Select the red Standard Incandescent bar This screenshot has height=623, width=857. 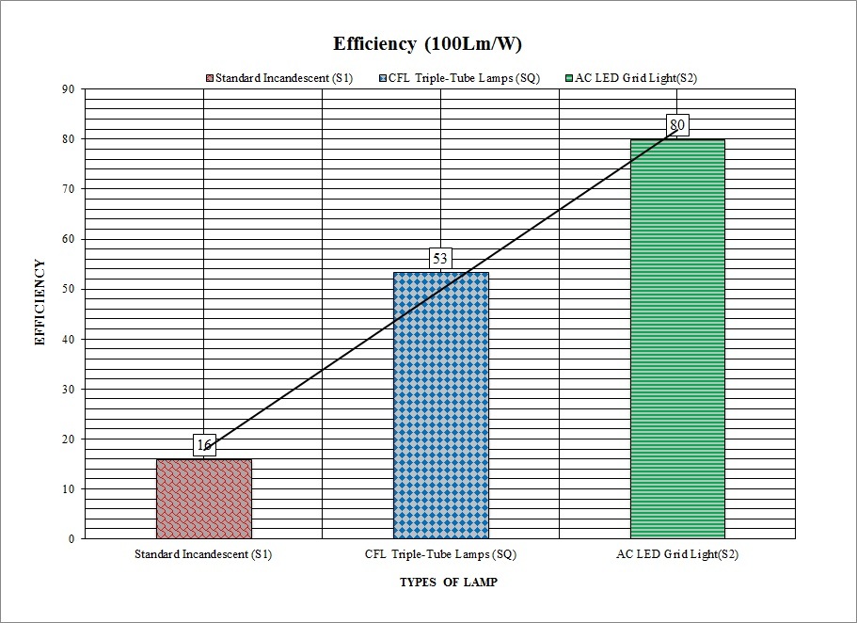click(x=203, y=499)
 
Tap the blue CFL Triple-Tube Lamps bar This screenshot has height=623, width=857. click(x=440, y=405)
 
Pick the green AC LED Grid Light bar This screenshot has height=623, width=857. click(x=677, y=339)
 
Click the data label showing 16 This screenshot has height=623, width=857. click(x=204, y=445)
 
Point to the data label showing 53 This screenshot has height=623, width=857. click(x=440, y=258)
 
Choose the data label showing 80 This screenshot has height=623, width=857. click(x=676, y=125)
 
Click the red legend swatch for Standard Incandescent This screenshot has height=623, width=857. click(x=209, y=78)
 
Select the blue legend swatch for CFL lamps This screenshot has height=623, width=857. click(x=383, y=78)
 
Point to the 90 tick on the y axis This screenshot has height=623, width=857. click(x=69, y=89)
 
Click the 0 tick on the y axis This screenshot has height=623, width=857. click(x=71, y=539)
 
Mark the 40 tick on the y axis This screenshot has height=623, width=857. click(x=69, y=339)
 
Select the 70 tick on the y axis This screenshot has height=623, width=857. click(x=69, y=189)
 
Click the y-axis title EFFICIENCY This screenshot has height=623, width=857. click(x=40, y=303)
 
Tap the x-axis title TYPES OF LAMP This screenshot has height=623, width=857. click(x=449, y=583)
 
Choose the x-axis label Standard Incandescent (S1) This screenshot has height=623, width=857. click(x=203, y=554)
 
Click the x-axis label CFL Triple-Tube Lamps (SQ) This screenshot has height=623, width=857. click(x=439, y=554)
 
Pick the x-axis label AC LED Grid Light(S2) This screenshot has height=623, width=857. click(x=676, y=554)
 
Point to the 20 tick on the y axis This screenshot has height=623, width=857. click(x=69, y=439)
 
